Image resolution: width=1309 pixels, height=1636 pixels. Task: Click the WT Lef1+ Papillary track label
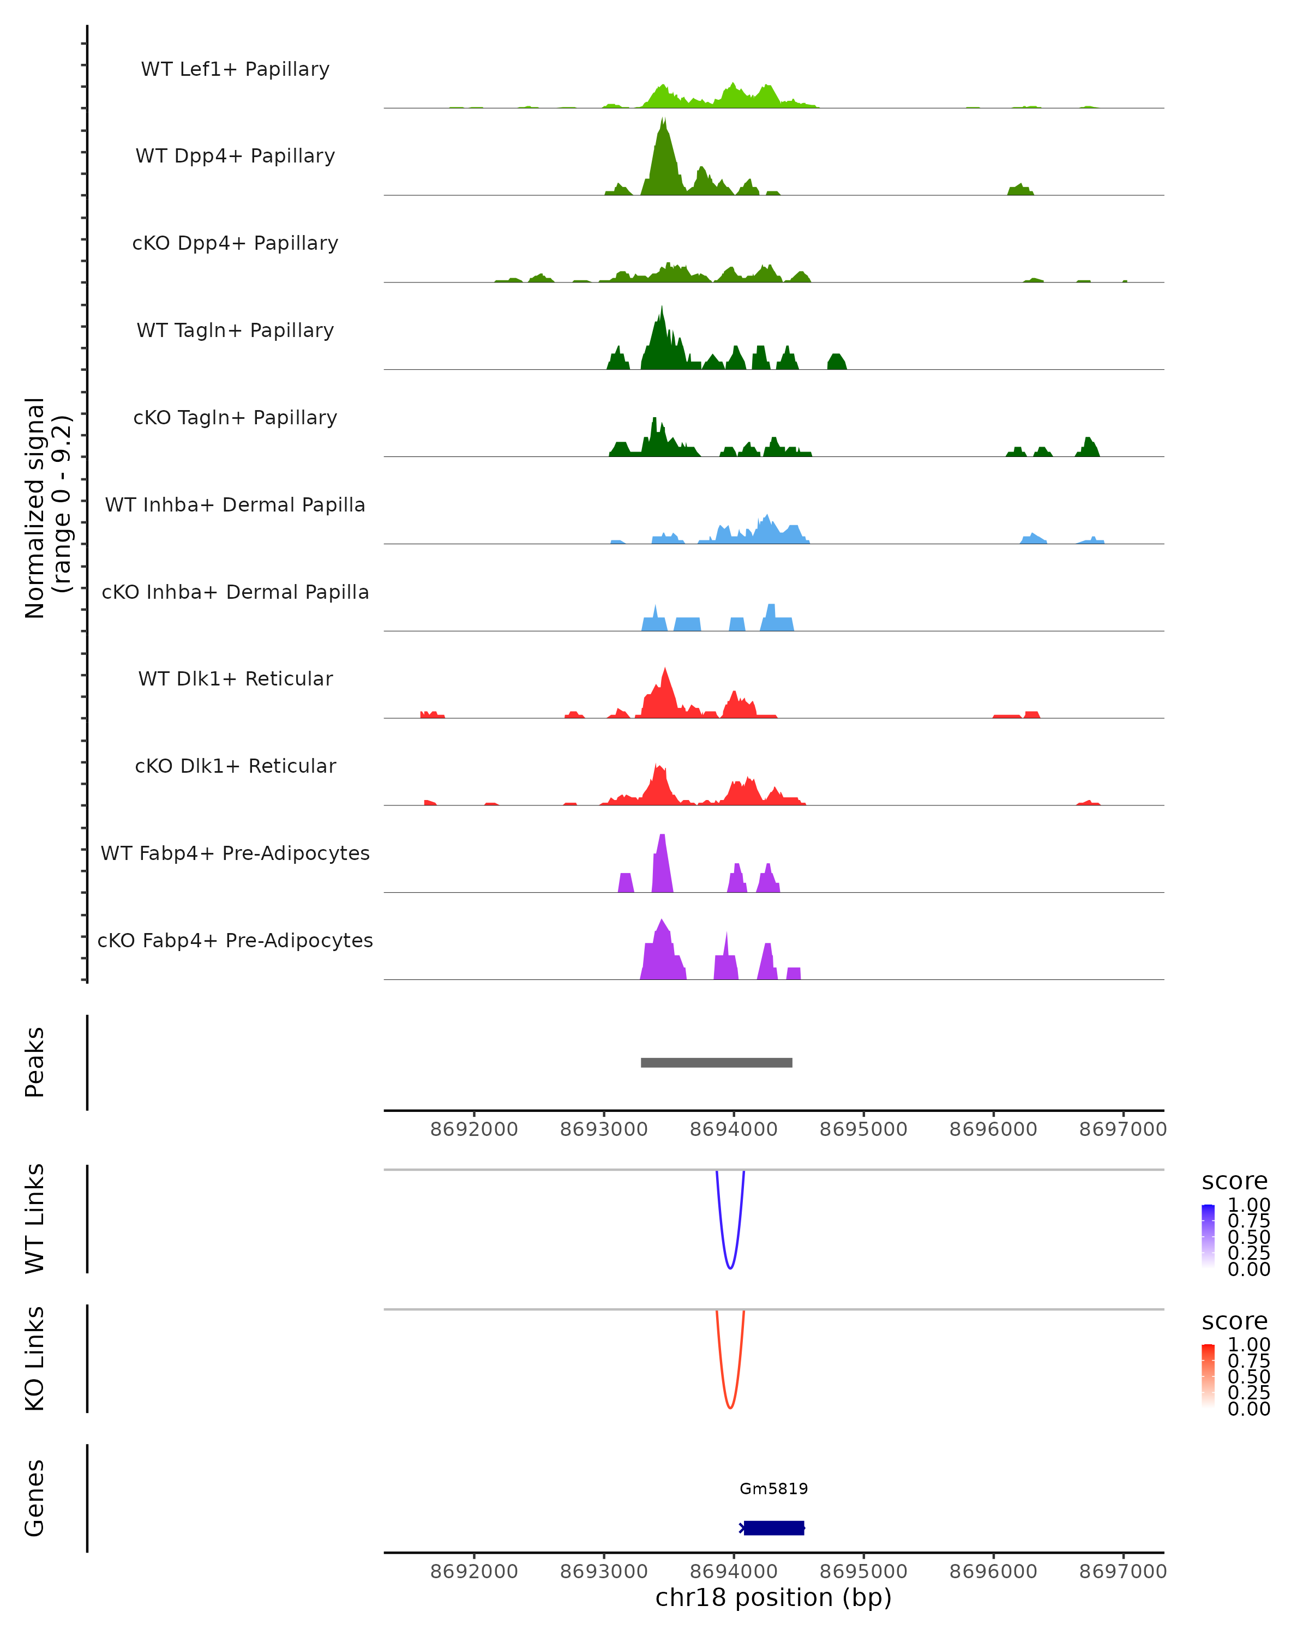pos(235,69)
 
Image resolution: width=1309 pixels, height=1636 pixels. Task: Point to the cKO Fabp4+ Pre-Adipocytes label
pos(235,940)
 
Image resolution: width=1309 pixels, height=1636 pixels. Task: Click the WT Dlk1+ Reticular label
pos(235,679)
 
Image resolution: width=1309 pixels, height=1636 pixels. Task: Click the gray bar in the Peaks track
pos(716,1062)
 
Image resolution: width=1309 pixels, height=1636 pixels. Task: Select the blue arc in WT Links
pos(730,1268)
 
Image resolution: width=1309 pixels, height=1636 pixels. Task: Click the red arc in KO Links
pos(730,1408)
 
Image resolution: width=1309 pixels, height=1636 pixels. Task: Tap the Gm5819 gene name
pos(773,1489)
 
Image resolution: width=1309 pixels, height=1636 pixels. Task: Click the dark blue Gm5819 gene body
pos(773,1528)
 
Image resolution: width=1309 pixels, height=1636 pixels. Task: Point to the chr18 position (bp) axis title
pos(773,1598)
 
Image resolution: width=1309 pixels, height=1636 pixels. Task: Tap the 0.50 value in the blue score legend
pos(1248,1237)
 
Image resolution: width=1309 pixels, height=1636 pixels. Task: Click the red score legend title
pos(1235,1321)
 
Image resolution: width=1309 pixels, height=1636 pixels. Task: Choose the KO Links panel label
pos(35,1358)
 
